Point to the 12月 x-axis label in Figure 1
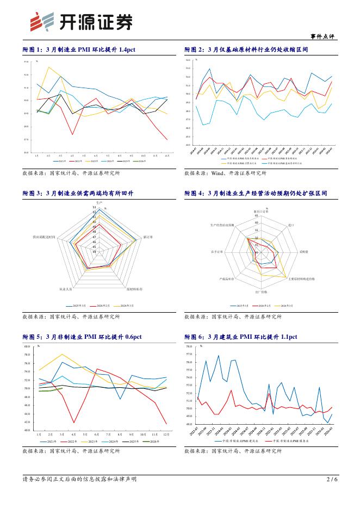[x=166, y=156]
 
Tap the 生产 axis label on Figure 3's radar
[x=92, y=202]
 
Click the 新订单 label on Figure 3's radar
[x=148, y=237]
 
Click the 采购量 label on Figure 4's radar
[x=303, y=252]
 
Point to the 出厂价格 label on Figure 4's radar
[x=262, y=293]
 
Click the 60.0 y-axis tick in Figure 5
[x=27, y=346]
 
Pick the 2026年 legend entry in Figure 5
[x=153, y=442]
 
